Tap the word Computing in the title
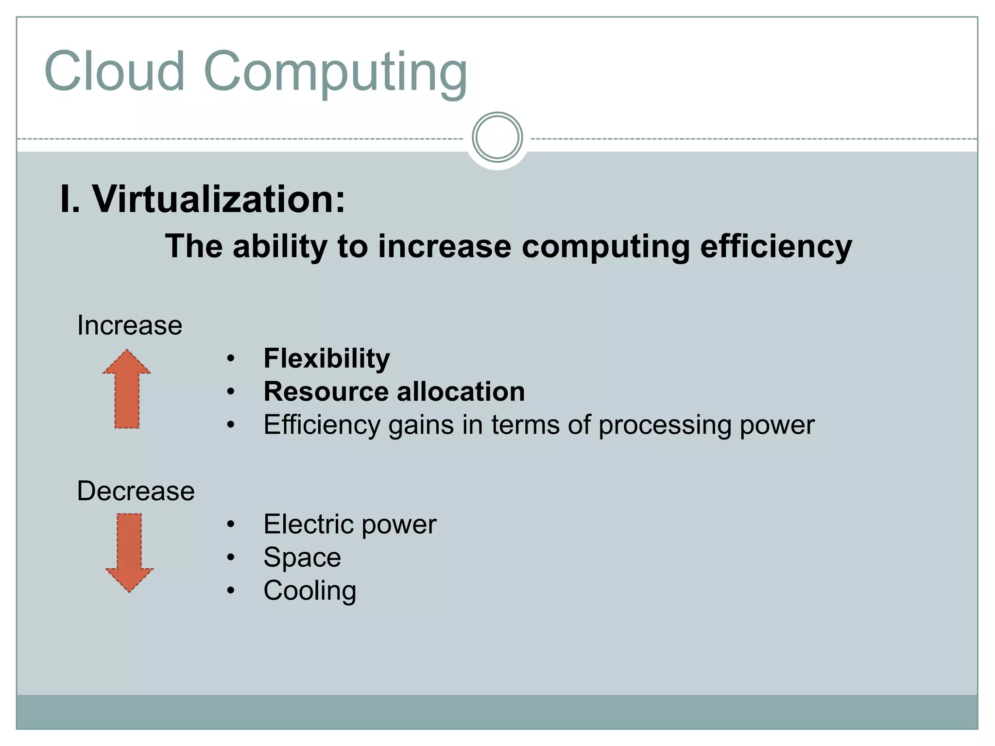click(x=335, y=73)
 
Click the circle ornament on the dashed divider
click(x=497, y=137)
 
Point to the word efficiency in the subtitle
click(x=776, y=247)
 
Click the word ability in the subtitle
click(x=280, y=247)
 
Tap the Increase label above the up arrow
click(x=130, y=325)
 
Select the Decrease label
click(x=136, y=491)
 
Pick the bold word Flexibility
click(x=326, y=359)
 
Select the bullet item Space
click(x=302, y=558)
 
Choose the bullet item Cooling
click(x=310, y=591)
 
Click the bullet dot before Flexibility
click(x=231, y=359)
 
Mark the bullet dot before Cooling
click(x=231, y=591)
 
